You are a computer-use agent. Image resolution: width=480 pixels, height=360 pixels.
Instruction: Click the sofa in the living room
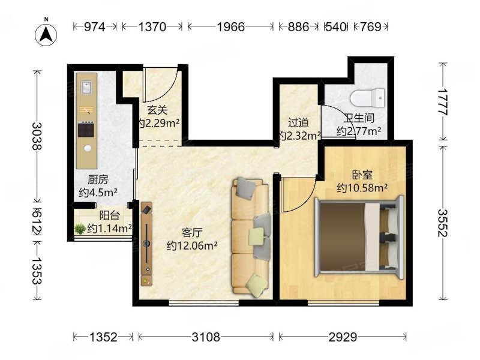click(249, 236)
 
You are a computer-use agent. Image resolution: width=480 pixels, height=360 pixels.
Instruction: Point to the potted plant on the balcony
click(80, 229)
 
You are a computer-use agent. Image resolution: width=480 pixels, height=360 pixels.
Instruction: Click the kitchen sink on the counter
click(86, 88)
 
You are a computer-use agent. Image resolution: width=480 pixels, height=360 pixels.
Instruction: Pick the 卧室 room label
click(362, 175)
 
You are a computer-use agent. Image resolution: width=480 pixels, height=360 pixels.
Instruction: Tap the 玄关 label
click(157, 110)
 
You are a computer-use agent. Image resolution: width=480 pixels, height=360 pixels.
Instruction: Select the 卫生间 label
click(358, 118)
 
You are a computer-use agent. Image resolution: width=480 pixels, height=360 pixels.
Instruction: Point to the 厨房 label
click(98, 179)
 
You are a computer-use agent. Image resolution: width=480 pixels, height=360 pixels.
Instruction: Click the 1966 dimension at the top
click(230, 26)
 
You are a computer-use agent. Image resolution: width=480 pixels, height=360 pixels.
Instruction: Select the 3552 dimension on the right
click(442, 223)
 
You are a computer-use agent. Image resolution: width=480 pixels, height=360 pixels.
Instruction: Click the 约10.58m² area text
click(362, 188)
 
